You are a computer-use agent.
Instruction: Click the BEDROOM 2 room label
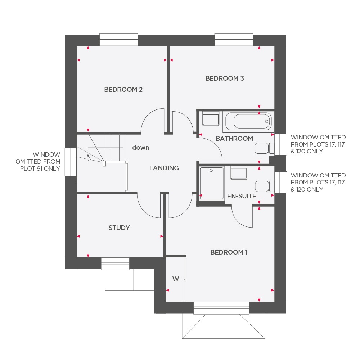[x=123, y=90]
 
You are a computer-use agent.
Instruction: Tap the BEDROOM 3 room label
[x=224, y=78]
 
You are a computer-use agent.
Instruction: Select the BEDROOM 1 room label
[x=229, y=252]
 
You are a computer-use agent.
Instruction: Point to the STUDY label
[x=119, y=228]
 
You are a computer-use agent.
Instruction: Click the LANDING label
[x=164, y=168]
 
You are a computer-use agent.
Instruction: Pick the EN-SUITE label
[x=242, y=196]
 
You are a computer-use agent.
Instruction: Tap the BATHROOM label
[x=234, y=138]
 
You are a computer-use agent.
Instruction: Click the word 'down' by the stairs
[x=140, y=148]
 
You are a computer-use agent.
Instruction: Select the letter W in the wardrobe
[x=175, y=279]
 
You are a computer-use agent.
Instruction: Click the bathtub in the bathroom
[x=252, y=121]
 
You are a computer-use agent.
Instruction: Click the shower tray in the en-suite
[x=212, y=183]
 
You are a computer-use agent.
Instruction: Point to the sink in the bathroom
[x=211, y=119]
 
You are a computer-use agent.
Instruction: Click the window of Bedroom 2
[x=119, y=40]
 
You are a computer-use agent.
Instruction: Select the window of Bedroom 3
[x=234, y=40]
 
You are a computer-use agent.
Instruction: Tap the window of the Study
[x=115, y=264]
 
